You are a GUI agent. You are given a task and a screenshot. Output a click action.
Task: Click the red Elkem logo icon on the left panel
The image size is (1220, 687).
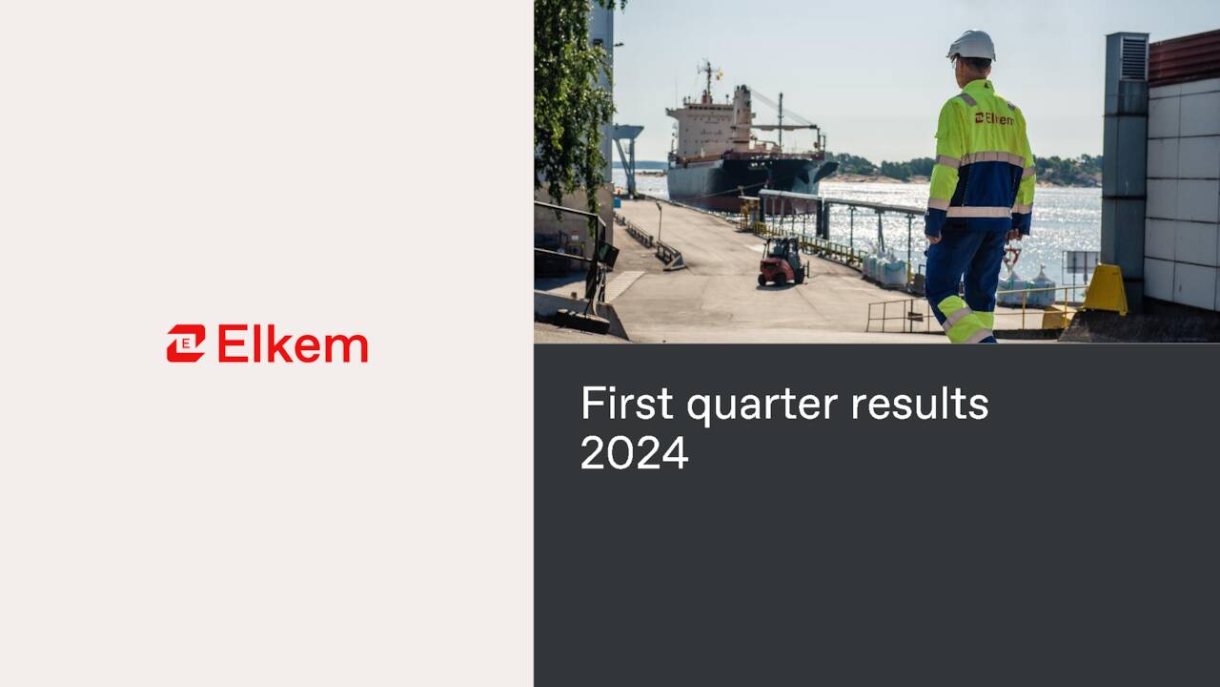click(186, 343)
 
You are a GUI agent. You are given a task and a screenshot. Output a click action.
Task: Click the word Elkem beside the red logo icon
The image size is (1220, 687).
click(293, 343)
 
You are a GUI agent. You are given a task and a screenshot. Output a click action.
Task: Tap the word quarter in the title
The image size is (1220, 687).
click(761, 406)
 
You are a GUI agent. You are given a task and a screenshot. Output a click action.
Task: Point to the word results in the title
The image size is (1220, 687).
click(919, 404)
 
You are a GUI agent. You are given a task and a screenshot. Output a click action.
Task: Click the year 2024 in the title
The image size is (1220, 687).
click(634, 452)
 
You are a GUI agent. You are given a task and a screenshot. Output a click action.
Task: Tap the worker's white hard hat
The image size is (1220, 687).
click(971, 46)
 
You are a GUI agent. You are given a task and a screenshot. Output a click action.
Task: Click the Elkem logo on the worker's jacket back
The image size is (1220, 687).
click(993, 118)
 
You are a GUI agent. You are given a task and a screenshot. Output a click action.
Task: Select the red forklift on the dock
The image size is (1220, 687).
click(782, 261)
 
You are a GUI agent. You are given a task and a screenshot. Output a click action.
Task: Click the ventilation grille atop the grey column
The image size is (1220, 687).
click(1133, 58)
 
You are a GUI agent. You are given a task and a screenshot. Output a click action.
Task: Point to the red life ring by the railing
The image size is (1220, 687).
click(1011, 256)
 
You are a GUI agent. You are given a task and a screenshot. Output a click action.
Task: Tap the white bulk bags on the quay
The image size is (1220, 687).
click(886, 271)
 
